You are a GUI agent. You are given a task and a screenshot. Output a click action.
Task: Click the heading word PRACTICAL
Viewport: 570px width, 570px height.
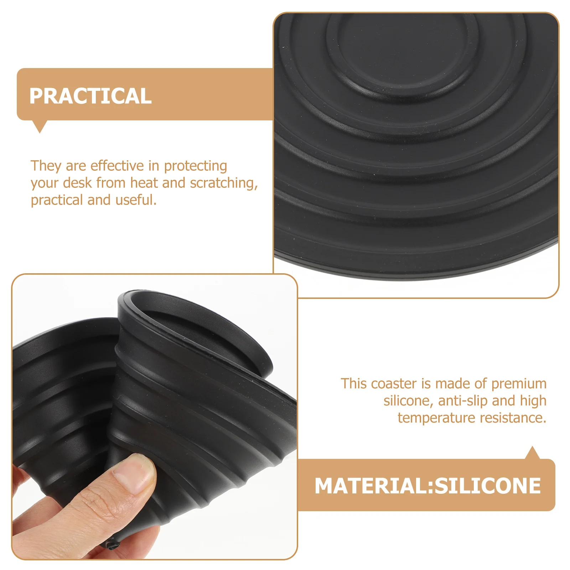pos(90,96)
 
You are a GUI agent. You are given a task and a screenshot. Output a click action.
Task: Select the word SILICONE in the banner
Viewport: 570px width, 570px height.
pos(488,486)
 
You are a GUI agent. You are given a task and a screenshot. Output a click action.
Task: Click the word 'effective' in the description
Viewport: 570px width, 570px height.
pos(117,166)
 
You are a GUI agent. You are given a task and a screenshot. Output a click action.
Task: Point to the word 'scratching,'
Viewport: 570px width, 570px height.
pos(224,183)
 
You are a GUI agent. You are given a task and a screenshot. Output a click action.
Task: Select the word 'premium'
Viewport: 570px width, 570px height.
pos(519,384)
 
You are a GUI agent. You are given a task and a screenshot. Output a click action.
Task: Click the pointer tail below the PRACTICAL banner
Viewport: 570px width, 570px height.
pos(40,126)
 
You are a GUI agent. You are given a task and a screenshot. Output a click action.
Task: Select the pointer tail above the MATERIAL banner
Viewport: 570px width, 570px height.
pos(533,453)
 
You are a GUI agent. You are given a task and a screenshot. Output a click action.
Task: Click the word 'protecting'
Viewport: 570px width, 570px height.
pos(195,166)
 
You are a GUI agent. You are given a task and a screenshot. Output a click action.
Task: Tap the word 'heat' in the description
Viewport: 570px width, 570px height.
pos(144,183)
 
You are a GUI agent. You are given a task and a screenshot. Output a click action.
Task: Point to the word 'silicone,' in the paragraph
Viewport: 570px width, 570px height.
pos(408,401)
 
